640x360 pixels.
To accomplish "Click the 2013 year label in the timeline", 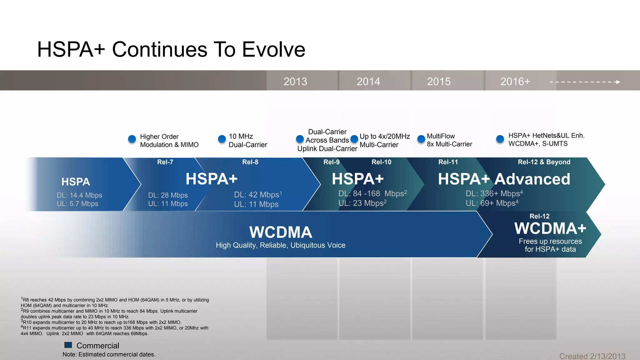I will [295, 82].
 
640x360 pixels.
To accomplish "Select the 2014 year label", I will [368, 82].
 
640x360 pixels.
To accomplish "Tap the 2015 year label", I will [439, 82].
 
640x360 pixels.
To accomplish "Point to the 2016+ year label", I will [515, 82].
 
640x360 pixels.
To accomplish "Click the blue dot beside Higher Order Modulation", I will [132, 139].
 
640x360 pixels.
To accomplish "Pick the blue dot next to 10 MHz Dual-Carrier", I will [222, 139].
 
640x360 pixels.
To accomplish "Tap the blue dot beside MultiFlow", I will [421, 139].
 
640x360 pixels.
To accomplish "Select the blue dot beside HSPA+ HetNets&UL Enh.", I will [500, 139].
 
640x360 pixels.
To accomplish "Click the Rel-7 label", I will [165, 162].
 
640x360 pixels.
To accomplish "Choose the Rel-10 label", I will [381, 162].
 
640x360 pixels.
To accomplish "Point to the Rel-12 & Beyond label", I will [544, 162].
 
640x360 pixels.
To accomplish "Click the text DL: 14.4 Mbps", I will [79, 195].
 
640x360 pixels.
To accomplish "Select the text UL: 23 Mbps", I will [361, 203].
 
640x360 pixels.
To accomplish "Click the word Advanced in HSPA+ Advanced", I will [532, 179].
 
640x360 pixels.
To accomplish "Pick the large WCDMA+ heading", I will [550, 228].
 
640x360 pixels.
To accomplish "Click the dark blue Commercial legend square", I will [68, 345].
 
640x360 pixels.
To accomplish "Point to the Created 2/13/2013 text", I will [592, 356].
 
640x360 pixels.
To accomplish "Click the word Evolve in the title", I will [273, 49].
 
